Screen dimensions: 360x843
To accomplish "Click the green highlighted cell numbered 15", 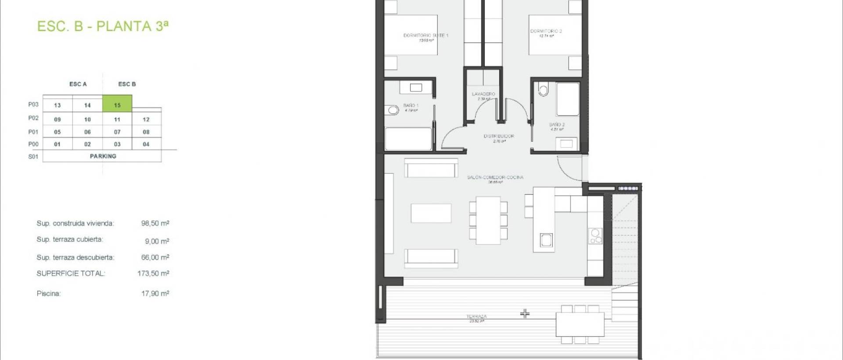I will [x=117, y=104].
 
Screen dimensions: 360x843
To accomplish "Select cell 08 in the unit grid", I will [x=146, y=132].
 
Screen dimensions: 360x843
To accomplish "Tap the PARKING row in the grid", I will [x=103, y=156].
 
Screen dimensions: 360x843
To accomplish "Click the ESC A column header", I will [x=78, y=84].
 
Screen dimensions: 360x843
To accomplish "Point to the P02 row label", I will [x=33, y=118].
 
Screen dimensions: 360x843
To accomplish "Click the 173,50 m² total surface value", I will [x=153, y=273].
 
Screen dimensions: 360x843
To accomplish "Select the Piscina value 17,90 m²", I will [x=155, y=293].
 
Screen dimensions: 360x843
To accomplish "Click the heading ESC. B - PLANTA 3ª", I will [x=103, y=26].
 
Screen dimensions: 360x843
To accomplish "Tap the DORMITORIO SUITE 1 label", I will [x=425, y=35].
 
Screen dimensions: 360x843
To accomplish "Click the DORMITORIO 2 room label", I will [x=546, y=31].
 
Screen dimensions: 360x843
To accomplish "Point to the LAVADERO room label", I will [x=483, y=94].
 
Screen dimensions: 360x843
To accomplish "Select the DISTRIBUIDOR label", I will [x=498, y=136].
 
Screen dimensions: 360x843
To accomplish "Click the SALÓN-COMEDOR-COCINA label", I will [x=495, y=177].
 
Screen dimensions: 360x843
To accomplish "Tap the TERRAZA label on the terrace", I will [x=476, y=316].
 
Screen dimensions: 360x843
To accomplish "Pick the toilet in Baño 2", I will [x=544, y=90].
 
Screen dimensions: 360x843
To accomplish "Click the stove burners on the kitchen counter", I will [x=595, y=236].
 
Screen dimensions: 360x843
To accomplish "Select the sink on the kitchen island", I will [x=546, y=240].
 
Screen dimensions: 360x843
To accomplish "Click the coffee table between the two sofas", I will [x=431, y=213].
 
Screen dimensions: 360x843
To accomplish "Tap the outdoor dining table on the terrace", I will [x=580, y=324].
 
